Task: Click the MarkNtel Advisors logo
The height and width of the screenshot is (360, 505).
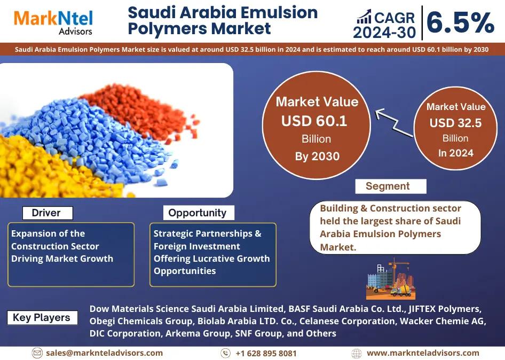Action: tap(53, 22)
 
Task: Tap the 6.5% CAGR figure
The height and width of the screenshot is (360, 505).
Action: tap(460, 22)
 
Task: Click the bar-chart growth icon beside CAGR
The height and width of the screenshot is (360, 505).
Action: tap(364, 17)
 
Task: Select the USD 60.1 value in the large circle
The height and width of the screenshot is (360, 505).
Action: tap(314, 121)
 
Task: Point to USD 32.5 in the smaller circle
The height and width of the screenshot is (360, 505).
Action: tap(455, 123)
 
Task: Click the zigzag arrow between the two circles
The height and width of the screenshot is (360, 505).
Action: tap(393, 122)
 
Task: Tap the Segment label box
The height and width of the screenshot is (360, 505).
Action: tap(391, 186)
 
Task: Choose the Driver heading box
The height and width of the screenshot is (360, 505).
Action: tap(48, 213)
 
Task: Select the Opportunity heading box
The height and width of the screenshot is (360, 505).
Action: tap(199, 213)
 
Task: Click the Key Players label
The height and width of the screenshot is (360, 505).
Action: tap(42, 317)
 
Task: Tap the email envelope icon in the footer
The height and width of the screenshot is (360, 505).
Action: tap(37, 353)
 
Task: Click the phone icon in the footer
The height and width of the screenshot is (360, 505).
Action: tap(225, 353)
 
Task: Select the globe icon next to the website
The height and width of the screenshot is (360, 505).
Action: tap(356, 353)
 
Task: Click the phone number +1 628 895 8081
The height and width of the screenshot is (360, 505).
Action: tap(266, 353)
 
